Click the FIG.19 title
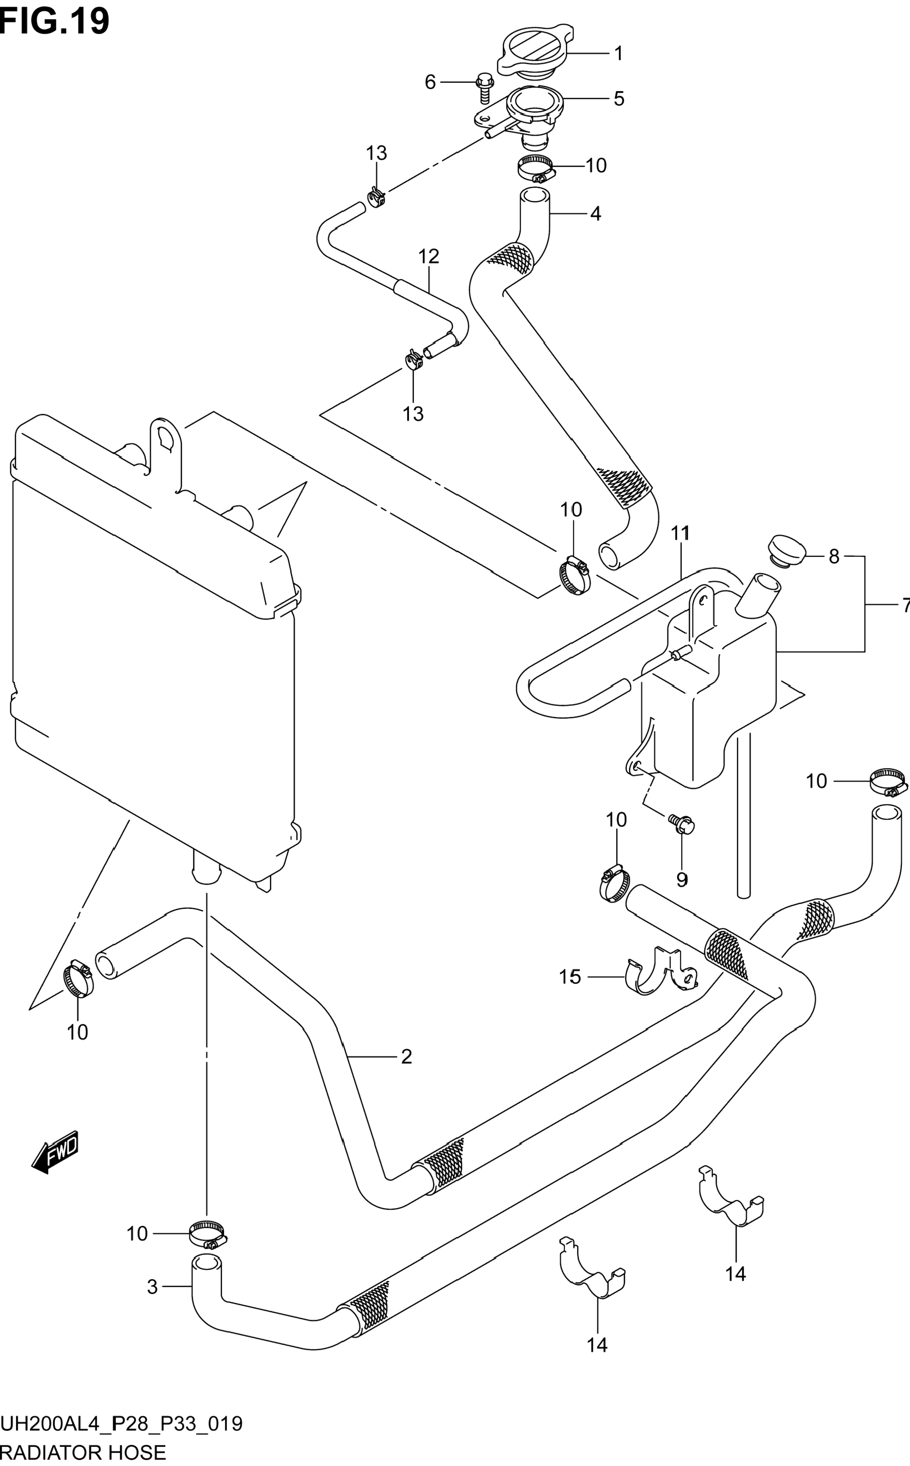pyautogui.click(x=55, y=21)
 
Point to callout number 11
pyautogui.click(x=680, y=533)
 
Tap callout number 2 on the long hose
pyautogui.click(x=406, y=1056)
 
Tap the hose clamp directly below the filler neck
pyautogui.click(x=536, y=168)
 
